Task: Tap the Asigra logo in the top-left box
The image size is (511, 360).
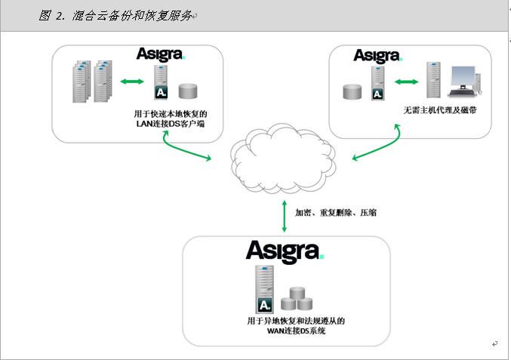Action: [x=161, y=54]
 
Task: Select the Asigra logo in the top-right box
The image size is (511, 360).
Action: [x=378, y=56]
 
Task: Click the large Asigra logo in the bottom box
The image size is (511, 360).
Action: [x=285, y=251]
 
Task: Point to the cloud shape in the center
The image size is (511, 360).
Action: [x=283, y=158]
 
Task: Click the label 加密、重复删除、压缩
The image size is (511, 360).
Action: [x=336, y=213]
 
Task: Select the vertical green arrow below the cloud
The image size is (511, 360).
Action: [x=284, y=217]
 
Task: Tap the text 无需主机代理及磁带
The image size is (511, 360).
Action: [x=440, y=110]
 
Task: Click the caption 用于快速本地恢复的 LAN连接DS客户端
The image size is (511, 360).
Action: [x=171, y=118]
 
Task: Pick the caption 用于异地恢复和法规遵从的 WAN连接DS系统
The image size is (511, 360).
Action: [x=296, y=326]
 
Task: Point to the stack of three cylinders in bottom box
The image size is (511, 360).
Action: [x=297, y=298]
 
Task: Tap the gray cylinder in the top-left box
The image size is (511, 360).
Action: [x=188, y=91]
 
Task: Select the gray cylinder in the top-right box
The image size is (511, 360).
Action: [x=352, y=92]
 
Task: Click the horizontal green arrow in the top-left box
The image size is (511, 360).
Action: [x=132, y=81]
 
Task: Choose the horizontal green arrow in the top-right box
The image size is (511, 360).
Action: [x=406, y=82]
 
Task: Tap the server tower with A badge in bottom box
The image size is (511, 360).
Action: [x=264, y=289]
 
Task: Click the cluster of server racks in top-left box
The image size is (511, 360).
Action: [x=92, y=82]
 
